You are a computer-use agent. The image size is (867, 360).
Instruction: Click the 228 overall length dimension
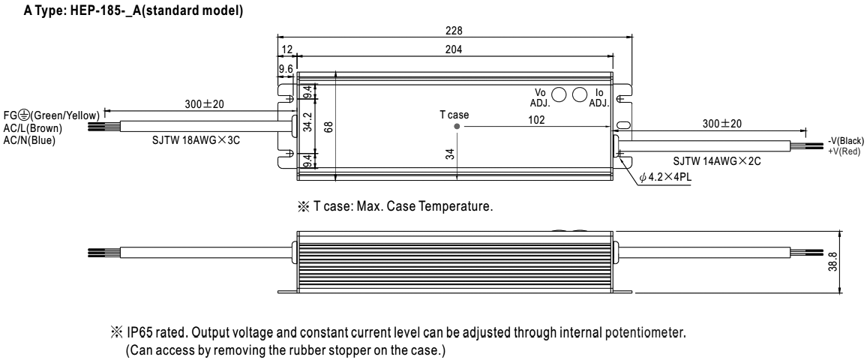coord(454,31)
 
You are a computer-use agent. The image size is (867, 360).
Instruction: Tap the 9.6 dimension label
coord(285,68)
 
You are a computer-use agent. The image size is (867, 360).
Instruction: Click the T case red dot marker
coord(457,127)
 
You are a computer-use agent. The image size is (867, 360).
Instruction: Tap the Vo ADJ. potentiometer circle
coord(559,94)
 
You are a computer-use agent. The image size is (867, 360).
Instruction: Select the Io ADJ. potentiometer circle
coord(579,94)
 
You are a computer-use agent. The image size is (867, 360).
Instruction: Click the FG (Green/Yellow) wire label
coord(50,115)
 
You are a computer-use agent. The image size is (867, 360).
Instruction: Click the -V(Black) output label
coord(846,142)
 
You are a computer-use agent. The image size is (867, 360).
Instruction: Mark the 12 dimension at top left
coord(286,49)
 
